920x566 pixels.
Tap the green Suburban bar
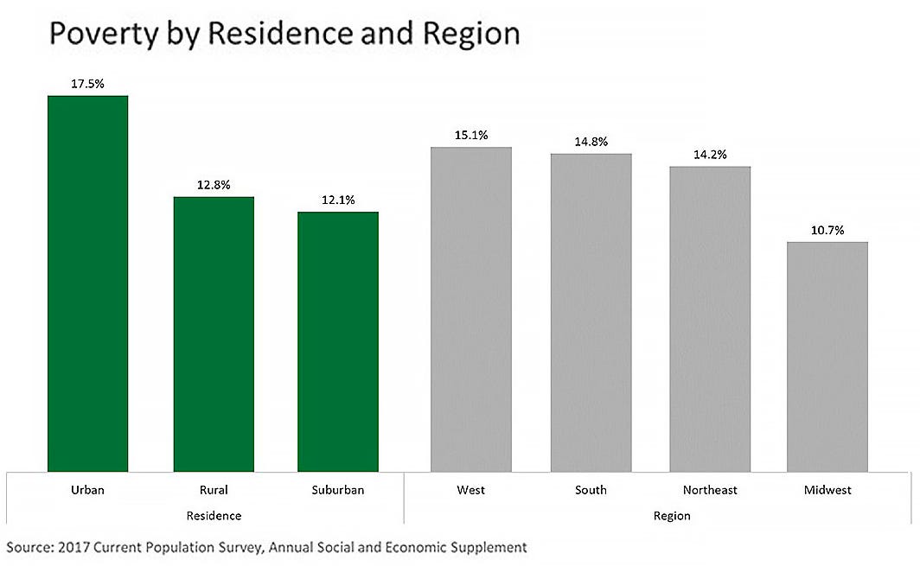pyautogui.click(x=338, y=341)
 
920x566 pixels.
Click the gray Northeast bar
pyautogui.click(x=710, y=319)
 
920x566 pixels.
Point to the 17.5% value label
pyautogui.click(x=87, y=85)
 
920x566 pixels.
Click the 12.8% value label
pyautogui.click(x=214, y=185)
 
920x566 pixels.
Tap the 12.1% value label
pyautogui.click(x=338, y=200)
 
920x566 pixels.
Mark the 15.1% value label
pyautogui.click(x=471, y=135)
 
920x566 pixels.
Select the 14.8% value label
pyautogui.click(x=591, y=141)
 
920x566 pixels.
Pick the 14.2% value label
pyautogui.click(x=710, y=155)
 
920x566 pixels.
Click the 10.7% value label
pyautogui.click(x=827, y=231)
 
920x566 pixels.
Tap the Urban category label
pyautogui.click(x=87, y=490)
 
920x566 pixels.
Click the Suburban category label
pyautogui.click(x=338, y=490)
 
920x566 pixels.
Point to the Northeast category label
pyautogui.click(x=710, y=490)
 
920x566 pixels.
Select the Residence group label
pyautogui.click(x=214, y=516)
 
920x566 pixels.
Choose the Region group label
pyautogui.click(x=672, y=516)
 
